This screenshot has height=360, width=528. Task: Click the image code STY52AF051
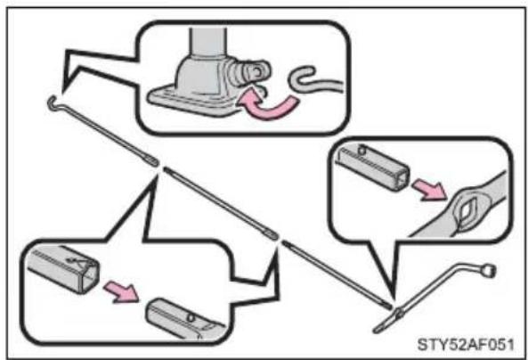pos(466,345)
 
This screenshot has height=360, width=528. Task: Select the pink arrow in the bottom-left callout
pos(121,292)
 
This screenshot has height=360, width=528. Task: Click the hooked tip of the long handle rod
pos(52,102)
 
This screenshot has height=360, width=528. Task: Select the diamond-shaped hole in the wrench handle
pos(466,212)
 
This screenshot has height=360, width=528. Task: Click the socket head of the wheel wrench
pos(488,271)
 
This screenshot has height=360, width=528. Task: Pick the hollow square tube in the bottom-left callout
pos(63,268)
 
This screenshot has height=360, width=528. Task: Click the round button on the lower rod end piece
pos(191,318)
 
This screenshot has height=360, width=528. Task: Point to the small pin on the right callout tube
pos(361,150)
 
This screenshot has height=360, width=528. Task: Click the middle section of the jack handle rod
pos(221,203)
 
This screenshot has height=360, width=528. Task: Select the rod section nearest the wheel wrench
pos(337,275)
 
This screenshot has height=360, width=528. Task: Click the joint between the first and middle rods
pos(160,166)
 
